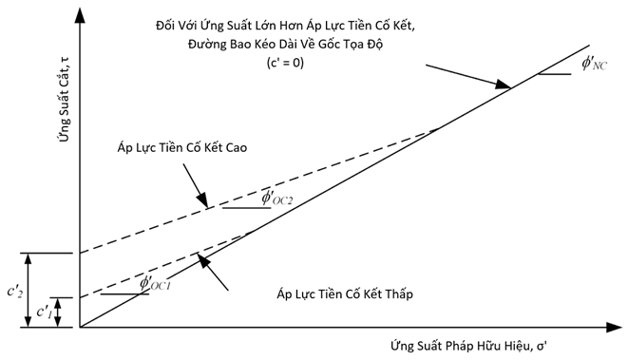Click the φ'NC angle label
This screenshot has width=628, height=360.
(595, 64)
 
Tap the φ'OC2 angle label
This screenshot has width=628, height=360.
(277, 198)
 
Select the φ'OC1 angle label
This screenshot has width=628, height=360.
(155, 283)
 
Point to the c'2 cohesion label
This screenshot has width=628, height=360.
(15, 291)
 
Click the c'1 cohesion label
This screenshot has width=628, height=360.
(44, 312)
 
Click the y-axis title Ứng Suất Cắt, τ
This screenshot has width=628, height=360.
(64, 99)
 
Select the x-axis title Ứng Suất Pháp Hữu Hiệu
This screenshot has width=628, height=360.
(461, 346)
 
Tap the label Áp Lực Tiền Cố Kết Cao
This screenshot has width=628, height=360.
(182, 147)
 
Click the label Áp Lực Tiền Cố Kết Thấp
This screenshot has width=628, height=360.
(345, 294)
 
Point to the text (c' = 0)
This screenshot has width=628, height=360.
(285, 63)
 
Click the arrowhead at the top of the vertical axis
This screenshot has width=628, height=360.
(80, 15)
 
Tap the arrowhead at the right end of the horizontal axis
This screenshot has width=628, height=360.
(614, 327)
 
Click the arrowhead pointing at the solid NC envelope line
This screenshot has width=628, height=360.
(503, 85)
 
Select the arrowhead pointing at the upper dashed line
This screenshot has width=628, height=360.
(202, 199)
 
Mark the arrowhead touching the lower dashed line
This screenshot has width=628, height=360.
(204, 260)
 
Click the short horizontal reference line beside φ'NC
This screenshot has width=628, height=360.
(555, 74)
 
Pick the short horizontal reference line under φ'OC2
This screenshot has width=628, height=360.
(247, 208)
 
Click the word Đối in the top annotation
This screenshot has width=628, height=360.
(164, 26)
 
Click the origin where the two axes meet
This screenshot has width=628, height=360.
(80, 327)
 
